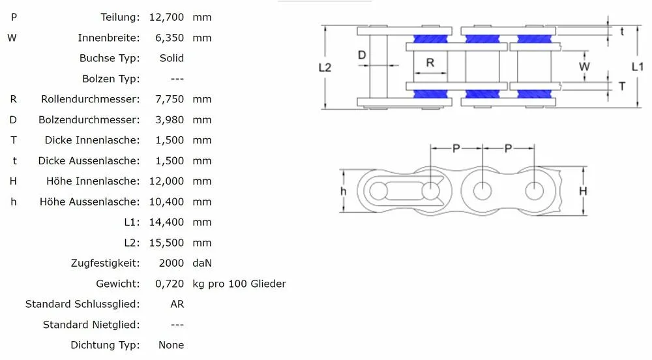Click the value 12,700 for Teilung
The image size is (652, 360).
(166, 17)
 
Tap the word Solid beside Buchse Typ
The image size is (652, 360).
(171, 58)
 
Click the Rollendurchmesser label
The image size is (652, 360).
(90, 99)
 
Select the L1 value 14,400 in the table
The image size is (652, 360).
(166, 222)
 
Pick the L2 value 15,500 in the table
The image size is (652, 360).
(166, 243)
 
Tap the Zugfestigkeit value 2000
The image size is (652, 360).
(171, 263)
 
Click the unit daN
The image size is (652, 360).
(202, 263)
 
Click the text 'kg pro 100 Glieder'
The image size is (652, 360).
(239, 284)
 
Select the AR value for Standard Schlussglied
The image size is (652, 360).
(177, 304)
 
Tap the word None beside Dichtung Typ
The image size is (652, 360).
(171, 345)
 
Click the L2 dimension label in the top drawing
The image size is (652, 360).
(325, 67)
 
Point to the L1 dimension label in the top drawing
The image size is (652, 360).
(638, 67)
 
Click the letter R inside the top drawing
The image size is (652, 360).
(430, 63)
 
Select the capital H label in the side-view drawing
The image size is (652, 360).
(583, 191)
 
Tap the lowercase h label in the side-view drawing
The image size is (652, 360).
(344, 191)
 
